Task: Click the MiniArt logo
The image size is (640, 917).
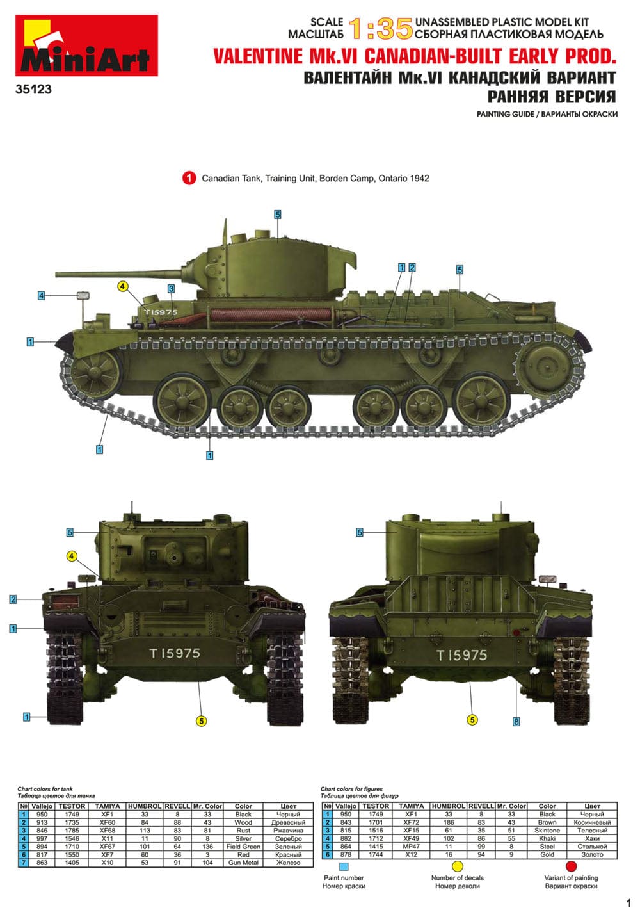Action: coord(86,45)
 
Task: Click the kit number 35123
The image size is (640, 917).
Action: coord(33,89)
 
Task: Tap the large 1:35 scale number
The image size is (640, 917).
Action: coord(380,29)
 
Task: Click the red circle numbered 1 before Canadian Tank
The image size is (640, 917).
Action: coord(189,178)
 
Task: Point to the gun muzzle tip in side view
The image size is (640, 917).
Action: coord(57,273)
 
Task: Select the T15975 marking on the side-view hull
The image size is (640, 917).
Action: coord(161,312)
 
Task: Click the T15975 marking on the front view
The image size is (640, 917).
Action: coord(175,653)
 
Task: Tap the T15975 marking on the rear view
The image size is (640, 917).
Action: coord(461,655)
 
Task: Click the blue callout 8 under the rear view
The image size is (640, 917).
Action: coord(516,722)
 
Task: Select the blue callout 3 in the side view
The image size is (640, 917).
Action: coord(171,289)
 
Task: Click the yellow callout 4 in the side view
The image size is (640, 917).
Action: coord(122,287)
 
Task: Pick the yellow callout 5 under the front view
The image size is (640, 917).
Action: coord(202,721)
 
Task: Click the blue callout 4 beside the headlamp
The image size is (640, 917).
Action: coord(42,296)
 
